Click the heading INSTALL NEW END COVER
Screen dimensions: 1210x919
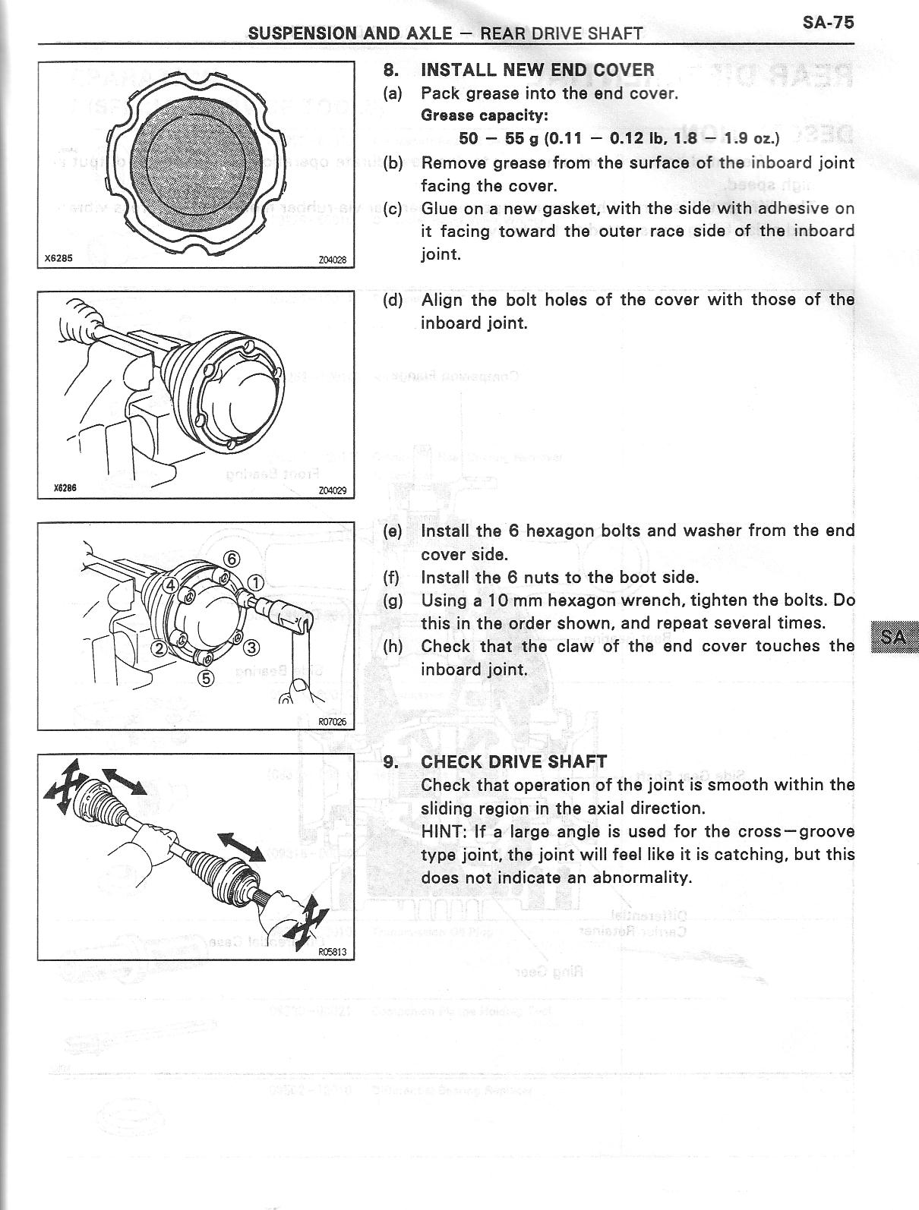pos(537,71)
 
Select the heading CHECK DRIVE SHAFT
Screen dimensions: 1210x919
pos(513,761)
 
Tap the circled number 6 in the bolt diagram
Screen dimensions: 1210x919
pos(232,559)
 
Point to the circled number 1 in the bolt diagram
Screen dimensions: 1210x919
pos(256,583)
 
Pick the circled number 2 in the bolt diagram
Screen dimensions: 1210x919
pos(159,648)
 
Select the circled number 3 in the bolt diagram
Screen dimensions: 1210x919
pos(251,648)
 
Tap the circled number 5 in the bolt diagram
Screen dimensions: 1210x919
pos(205,678)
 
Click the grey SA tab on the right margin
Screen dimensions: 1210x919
pos(895,637)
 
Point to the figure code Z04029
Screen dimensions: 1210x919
pos(332,490)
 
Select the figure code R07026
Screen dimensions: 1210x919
pos(332,721)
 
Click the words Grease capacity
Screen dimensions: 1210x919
pos(484,115)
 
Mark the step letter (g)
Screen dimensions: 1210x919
pos(393,600)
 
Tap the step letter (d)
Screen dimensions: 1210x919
pos(393,300)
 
